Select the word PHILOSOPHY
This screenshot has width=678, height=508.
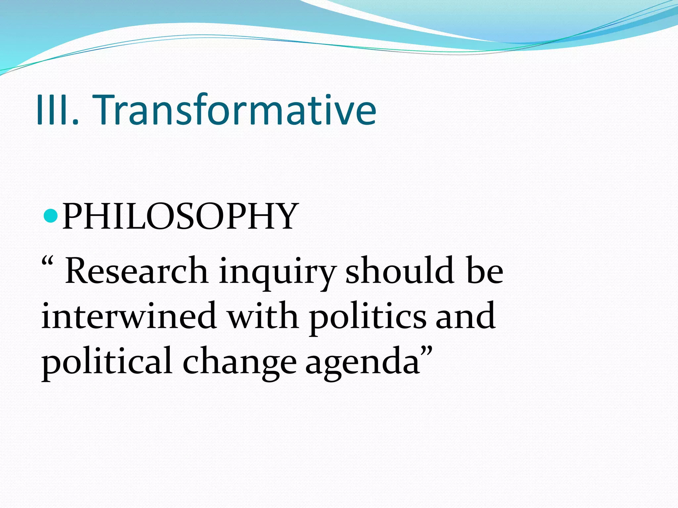[180, 217]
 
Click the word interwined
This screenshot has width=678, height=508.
[129, 316]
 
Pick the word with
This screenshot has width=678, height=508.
[263, 316]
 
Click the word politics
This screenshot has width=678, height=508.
[367, 317]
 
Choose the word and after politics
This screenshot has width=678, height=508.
[465, 316]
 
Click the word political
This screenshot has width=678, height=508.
[106, 362]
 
